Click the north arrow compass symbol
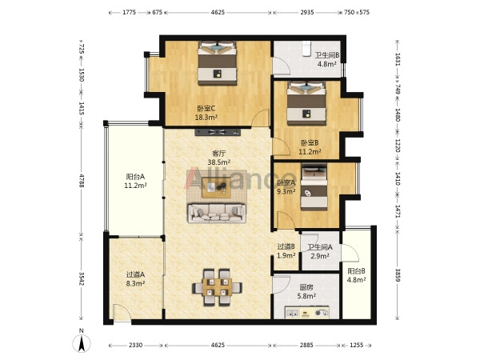pos(81,343)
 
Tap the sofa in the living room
pos(217,214)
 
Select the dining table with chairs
pos(217,287)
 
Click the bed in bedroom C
pos(217,63)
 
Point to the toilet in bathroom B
pos(306,50)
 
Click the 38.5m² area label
pos(219,162)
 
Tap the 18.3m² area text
pos(206,117)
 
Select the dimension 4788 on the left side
pos(82,181)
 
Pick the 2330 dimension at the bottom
pos(135,345)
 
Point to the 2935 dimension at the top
pos(306,12)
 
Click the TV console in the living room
pos(218,132)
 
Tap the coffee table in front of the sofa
pos(216,188)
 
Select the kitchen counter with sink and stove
pos(306,312)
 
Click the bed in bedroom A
pos(314,186)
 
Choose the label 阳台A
pos(135,177)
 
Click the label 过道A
pos(135,274)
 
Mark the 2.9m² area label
pos(320,256)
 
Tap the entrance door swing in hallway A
pos(122,312)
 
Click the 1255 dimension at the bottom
pos(356,345)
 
